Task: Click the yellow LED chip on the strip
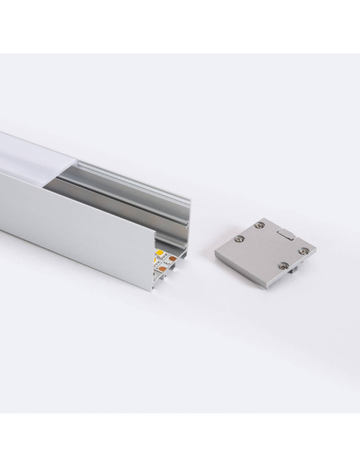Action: point(160,253)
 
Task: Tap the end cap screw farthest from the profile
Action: point(305,250)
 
